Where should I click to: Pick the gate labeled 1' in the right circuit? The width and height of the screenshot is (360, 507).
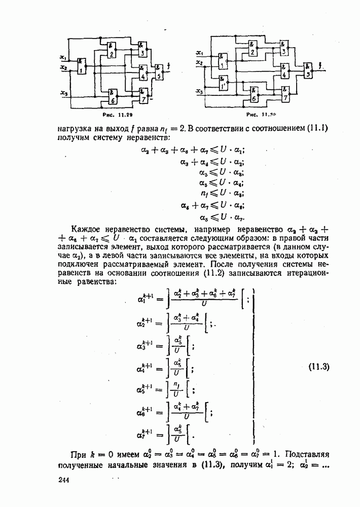(x=222, y=83)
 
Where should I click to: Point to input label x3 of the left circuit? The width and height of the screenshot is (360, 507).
(x=63, y=93)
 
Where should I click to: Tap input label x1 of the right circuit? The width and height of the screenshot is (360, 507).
(x=199, y=53)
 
